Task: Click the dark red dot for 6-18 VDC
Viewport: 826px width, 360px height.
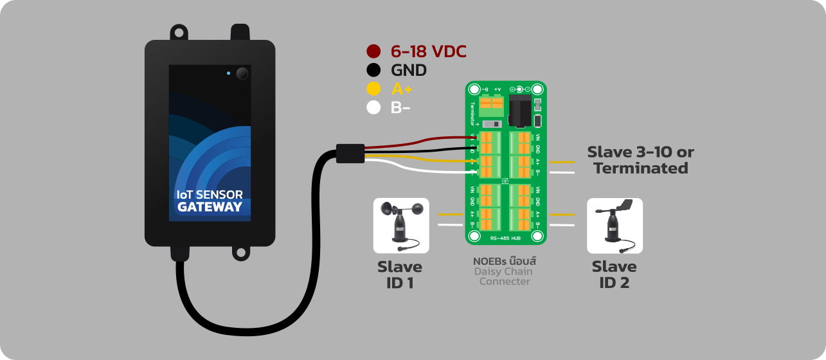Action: pos(373,51)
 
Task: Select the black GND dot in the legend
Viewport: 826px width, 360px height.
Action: pos(373,70)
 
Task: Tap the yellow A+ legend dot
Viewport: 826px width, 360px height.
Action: pos(373,89)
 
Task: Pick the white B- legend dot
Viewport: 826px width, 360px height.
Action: pos(373,107)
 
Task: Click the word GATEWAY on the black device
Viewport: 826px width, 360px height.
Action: pos(210,207)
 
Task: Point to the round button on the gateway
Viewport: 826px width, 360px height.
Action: pos(242,73)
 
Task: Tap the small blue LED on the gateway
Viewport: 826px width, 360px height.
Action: pos(228,73)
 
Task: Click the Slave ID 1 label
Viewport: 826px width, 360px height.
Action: pos(400,274)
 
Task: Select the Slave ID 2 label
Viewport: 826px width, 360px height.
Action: pos(614,274)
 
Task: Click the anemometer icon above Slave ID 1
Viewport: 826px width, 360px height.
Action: pos(401,225)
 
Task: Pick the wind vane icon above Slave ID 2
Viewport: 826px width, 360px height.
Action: pos(615,225)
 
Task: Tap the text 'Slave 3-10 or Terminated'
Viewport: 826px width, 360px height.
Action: pos(640,160)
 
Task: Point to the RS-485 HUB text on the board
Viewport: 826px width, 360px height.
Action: pos(505,239)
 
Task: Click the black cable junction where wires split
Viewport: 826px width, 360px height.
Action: pos(350,154)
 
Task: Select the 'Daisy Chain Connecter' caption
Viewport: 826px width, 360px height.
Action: pos(505,276)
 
